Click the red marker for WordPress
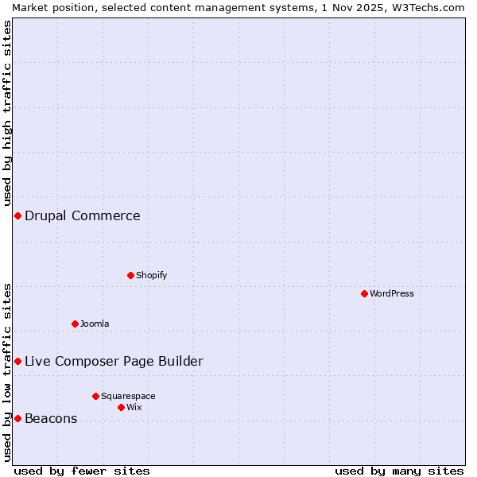pos(364,293)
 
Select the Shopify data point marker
pos(130,275)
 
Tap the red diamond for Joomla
pos(75,324)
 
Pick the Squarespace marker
pos(95,396)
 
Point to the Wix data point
pos(121,407)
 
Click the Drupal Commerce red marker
pos(17,215)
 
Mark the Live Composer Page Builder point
pos(17,361)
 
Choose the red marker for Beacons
pos(17,418)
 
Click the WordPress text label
pos(392,293)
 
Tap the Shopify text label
pos(152,275)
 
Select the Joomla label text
pos(95,324)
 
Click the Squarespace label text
pos(128,396)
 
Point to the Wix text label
pos(134,407)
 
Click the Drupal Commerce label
pos(83,215)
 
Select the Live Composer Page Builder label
pos(114,361)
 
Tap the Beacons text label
pos(51,418)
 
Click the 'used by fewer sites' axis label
pos(82,471)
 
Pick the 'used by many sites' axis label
pos(399,471)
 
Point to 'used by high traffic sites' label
pos(7,113)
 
